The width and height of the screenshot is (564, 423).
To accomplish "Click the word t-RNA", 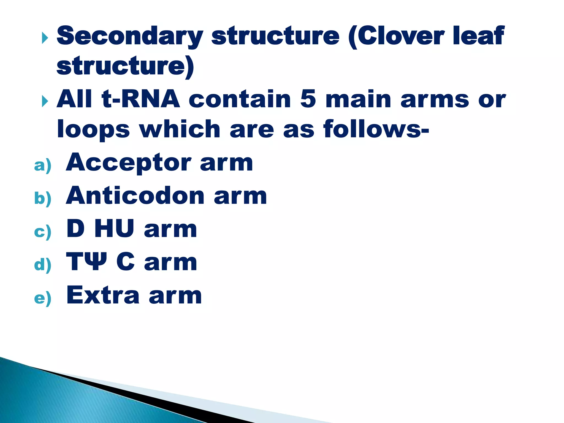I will pos(141,99).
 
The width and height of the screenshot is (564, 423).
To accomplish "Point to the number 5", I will pos(308,99).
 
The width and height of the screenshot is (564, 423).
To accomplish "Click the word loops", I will pos(93,129).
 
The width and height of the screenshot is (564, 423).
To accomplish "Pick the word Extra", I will pos(103,295).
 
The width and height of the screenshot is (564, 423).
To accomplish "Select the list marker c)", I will pos(43,232).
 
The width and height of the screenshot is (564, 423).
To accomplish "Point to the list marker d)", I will pos(43,265).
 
